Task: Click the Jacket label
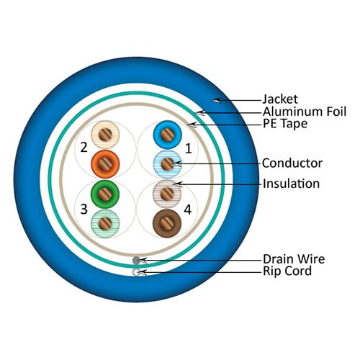point(279,99)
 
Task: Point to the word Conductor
point(292,163)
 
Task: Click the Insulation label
point(291,184)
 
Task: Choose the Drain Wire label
point(294,258)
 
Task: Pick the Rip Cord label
point(287,271)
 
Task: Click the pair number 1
point(189,149)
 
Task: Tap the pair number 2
point(84,148)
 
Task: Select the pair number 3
point(84,210)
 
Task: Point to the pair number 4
point(189,211)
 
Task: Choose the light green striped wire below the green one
point(106,222)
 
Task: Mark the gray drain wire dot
point(137,259)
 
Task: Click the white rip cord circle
point(137,271)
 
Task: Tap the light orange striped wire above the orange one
point(106,135)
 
